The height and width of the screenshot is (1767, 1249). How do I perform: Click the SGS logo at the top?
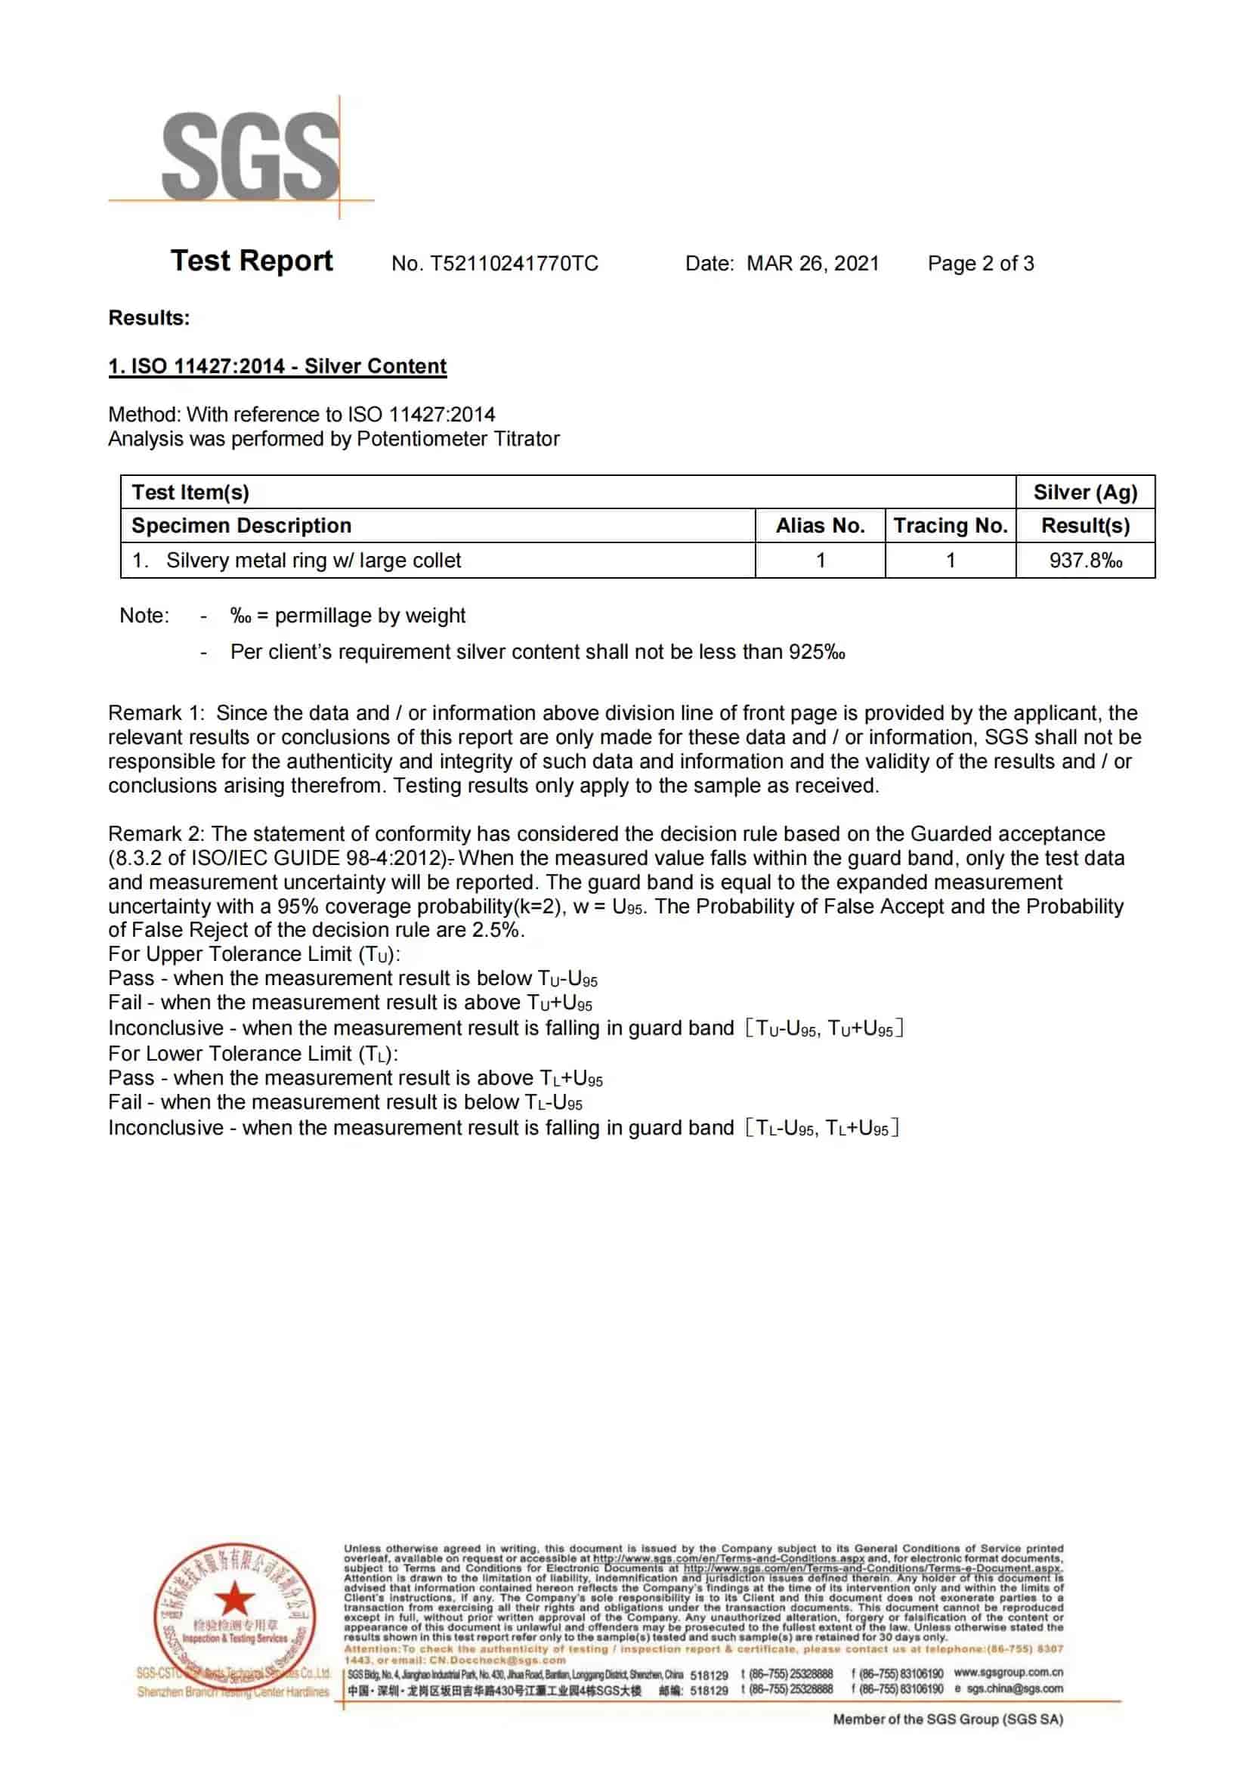point(250,156)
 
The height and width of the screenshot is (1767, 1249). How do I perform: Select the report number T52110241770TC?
point(513,264)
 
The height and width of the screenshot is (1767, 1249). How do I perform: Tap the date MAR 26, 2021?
point(813,264)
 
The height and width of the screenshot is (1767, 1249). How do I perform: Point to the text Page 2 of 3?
point(981,264)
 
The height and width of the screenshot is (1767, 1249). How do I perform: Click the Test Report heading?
point(252,261)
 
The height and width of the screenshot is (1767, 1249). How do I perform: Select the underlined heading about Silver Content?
point(277,366)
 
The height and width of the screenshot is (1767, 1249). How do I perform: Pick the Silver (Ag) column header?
point(1084,493)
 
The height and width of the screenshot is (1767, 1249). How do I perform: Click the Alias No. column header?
point(820,526)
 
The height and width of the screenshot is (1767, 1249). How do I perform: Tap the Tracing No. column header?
point(951,526)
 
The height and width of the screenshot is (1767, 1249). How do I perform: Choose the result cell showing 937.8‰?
point(1085,561)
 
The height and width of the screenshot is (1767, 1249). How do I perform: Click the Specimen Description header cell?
point(242,526)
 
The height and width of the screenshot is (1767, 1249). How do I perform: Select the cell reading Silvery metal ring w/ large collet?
point(314,561)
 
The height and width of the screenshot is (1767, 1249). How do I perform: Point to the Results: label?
point(150,318)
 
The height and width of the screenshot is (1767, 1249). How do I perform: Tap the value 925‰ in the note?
point(817,652)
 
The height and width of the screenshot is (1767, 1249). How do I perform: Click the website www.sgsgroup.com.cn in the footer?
point(1008,1673)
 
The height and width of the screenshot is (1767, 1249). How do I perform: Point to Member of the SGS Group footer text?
point(948,1719)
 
